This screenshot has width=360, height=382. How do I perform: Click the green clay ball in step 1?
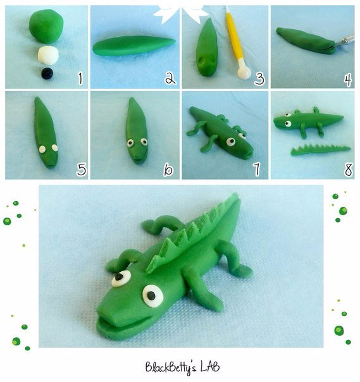point(46,26)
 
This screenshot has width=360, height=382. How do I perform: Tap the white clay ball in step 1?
point(48,55)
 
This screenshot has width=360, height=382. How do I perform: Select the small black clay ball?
point(47,73)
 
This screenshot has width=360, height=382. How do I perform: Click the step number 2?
point(170,78)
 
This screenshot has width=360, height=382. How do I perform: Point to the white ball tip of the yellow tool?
point(244,73)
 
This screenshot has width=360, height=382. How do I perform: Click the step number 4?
point(349,80)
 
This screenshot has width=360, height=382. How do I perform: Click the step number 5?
point(82,169)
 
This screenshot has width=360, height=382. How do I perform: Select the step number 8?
point(349,169)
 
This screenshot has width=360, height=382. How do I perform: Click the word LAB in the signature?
point(209,367)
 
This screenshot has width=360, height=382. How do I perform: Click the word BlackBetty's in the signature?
point(171,368)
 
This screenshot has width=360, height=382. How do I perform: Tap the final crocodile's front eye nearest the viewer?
point(152,296)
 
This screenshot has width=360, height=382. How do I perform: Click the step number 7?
point(256,169)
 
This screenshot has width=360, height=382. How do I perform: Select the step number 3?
point(259,79)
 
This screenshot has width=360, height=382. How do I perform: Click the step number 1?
point(80,78)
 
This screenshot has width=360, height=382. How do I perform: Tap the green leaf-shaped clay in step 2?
point(133,46)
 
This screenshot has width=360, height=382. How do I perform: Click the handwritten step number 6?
point(168,169)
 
